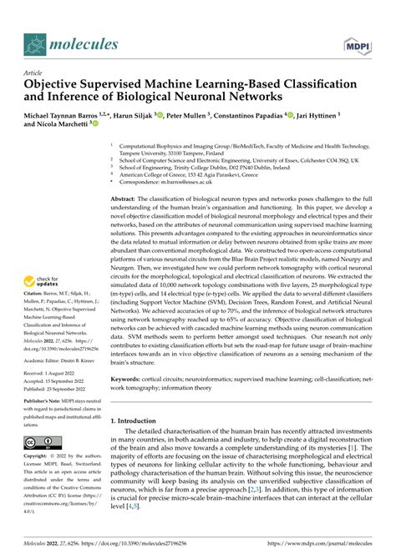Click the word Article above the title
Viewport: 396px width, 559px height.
(34, 73)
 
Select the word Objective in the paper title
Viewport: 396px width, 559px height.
(61, 85)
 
